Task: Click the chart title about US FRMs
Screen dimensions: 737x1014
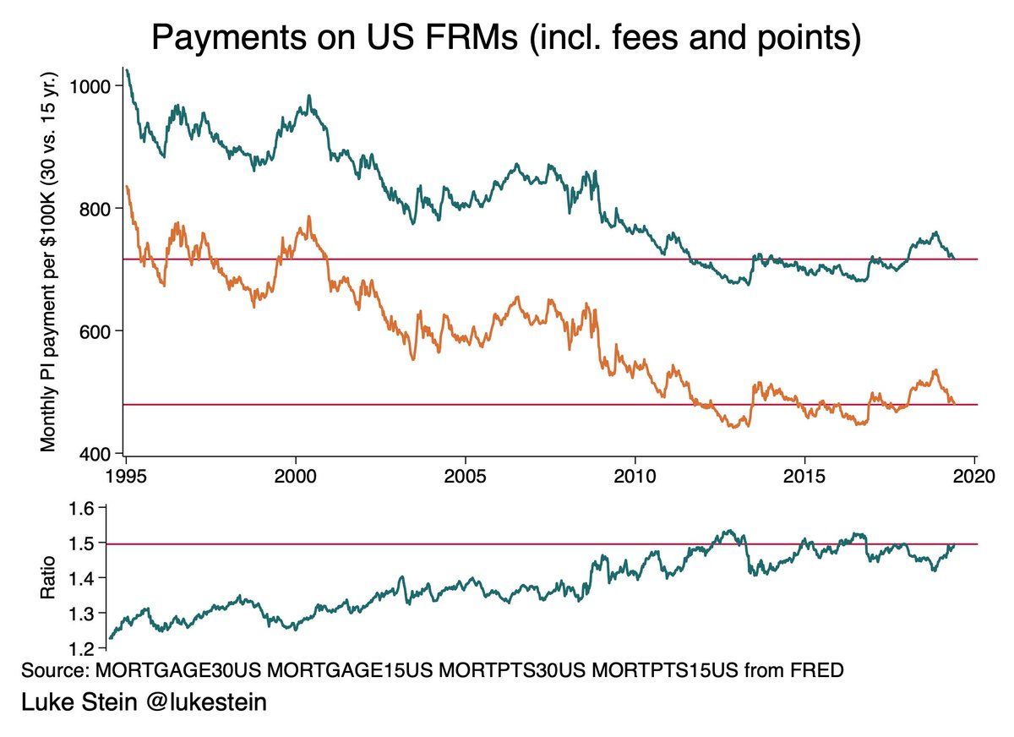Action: tap(505, 39)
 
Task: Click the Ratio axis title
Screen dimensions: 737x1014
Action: tap(48, 577)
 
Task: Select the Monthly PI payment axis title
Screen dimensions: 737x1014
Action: tap(48, 260)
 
